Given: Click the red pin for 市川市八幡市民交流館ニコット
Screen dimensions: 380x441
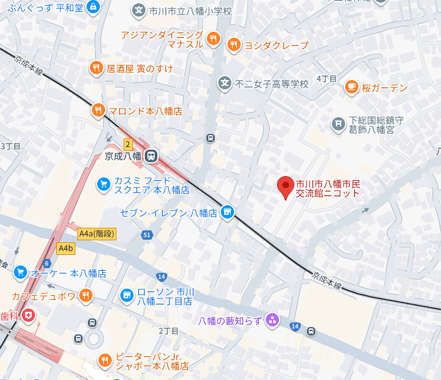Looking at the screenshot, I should point(285,187).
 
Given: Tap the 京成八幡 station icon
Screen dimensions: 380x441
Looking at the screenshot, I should point(151,157).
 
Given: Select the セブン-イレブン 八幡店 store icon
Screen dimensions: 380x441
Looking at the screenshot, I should point(227,212).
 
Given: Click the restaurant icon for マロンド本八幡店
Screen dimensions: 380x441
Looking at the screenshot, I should point(98,111).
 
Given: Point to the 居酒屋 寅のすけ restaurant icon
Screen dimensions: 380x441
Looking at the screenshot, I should point(96,68).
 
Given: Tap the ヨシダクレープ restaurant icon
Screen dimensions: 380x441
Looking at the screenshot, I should point(233,45).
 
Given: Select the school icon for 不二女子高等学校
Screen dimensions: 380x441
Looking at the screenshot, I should point(225,84).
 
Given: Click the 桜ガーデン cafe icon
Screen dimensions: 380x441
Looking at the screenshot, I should point(351,87).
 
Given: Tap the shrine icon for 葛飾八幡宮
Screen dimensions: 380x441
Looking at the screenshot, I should point(338,124).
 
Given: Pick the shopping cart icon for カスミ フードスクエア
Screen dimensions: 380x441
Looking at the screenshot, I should point(102,184).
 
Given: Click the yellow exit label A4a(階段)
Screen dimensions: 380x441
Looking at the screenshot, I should point(96,234).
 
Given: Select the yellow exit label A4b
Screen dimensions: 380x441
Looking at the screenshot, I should point(65,248).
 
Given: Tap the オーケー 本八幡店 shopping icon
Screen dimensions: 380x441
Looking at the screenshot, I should point(20,272).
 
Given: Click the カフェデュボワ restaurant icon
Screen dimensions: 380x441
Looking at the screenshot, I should point(86,295).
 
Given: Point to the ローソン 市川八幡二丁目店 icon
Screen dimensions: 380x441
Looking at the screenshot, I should point(126,295).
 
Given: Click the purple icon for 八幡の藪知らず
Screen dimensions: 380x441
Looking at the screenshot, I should point(272,321).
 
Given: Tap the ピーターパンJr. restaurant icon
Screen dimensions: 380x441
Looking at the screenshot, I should point(104,360).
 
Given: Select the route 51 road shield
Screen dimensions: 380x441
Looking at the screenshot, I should point(147,235).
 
